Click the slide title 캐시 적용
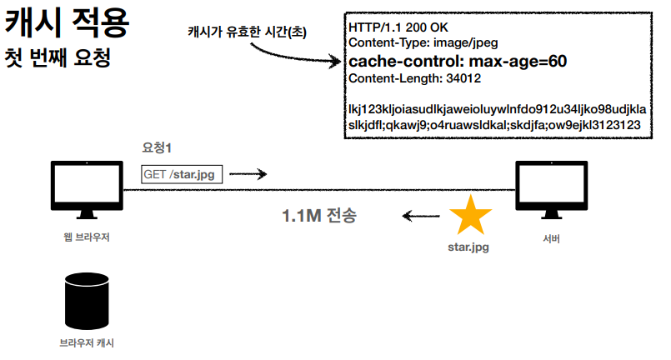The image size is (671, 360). click(x=68, y=22)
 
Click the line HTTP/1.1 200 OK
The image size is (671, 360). click(x=398, y=27)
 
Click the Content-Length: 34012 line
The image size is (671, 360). click(x=414, y=79)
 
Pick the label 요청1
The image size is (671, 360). click(x=157, y=147)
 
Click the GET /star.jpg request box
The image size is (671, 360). click(x=182, y=173)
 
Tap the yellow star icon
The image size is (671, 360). click(x=471, y=216)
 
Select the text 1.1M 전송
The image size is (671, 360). click(x=320, y=217)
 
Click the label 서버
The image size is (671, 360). click(x=550, y=239)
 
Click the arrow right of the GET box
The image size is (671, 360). click(x=252, y=174)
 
